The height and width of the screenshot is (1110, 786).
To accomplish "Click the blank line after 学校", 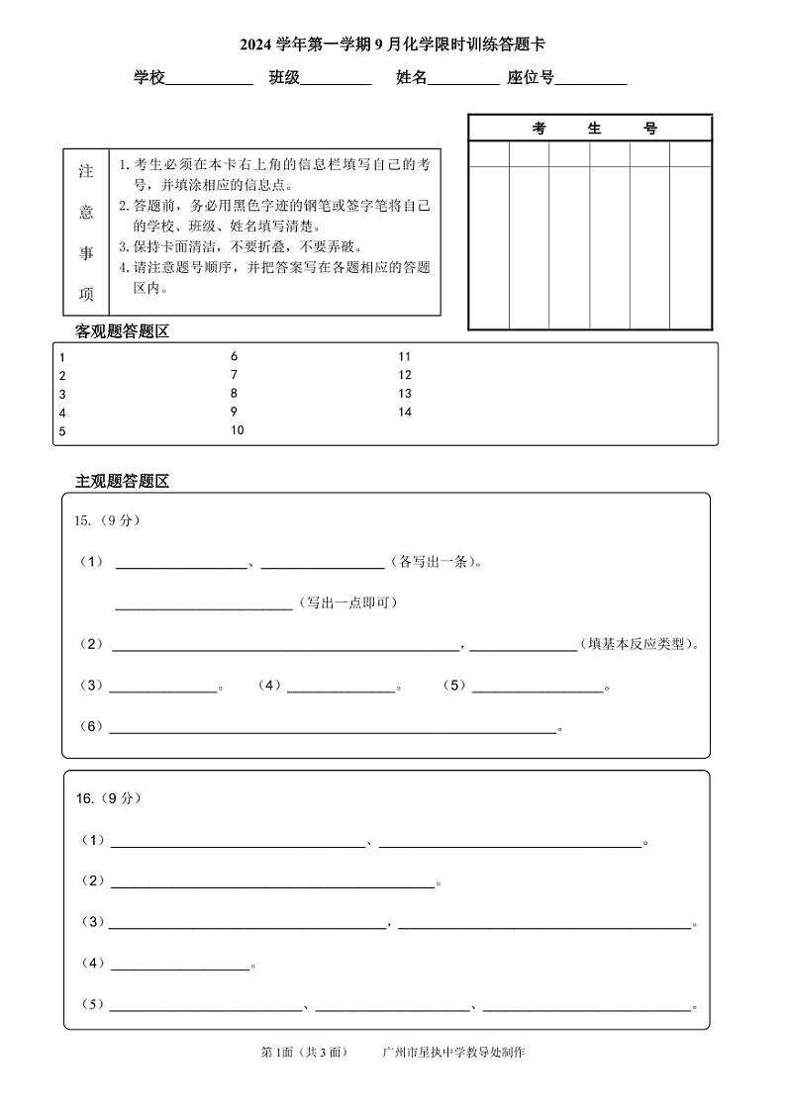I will click(209, 83).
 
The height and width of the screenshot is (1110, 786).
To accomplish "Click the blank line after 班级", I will click(336, 83).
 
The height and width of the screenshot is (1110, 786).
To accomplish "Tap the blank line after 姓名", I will click(463, 83).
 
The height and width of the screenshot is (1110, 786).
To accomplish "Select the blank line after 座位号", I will click(591, 83).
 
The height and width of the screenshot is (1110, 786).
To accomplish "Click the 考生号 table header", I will click(590, 129).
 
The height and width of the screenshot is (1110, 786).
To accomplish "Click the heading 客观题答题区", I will click(123, 331).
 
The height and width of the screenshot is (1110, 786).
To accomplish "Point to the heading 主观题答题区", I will click(123, 482).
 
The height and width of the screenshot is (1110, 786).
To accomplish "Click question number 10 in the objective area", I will click(237, 430).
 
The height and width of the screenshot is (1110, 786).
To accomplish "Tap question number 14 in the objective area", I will click(404, 412).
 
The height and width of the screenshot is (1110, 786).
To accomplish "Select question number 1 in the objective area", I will click(61, 357).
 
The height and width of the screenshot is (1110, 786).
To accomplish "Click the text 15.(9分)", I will click(107, 520).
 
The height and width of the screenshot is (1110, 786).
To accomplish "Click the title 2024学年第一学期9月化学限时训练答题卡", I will click(392, 45).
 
